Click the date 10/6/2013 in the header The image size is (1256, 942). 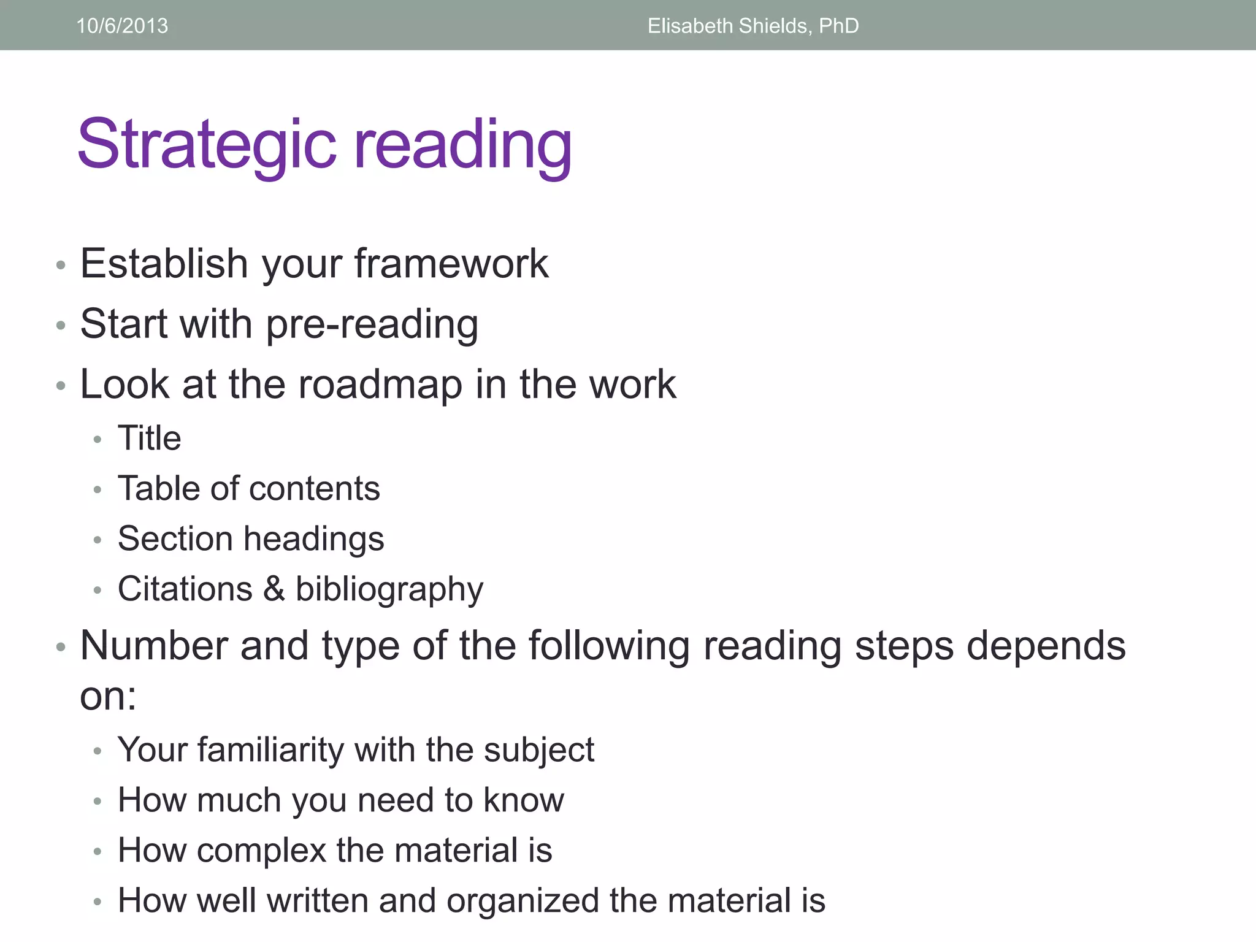(x=122, y=26)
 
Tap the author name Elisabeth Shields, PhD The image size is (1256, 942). (x=752, y=26)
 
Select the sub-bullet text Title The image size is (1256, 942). (x=149, y=438)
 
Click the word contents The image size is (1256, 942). (x=314, y=489)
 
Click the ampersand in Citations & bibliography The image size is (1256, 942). (x=274, y=589)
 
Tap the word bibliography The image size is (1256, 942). (x=389, y=590)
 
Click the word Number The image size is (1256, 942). (x=153, y=646)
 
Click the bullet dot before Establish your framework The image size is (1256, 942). (x=60, y=265)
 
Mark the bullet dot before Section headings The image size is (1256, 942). (x=97, y=540)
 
